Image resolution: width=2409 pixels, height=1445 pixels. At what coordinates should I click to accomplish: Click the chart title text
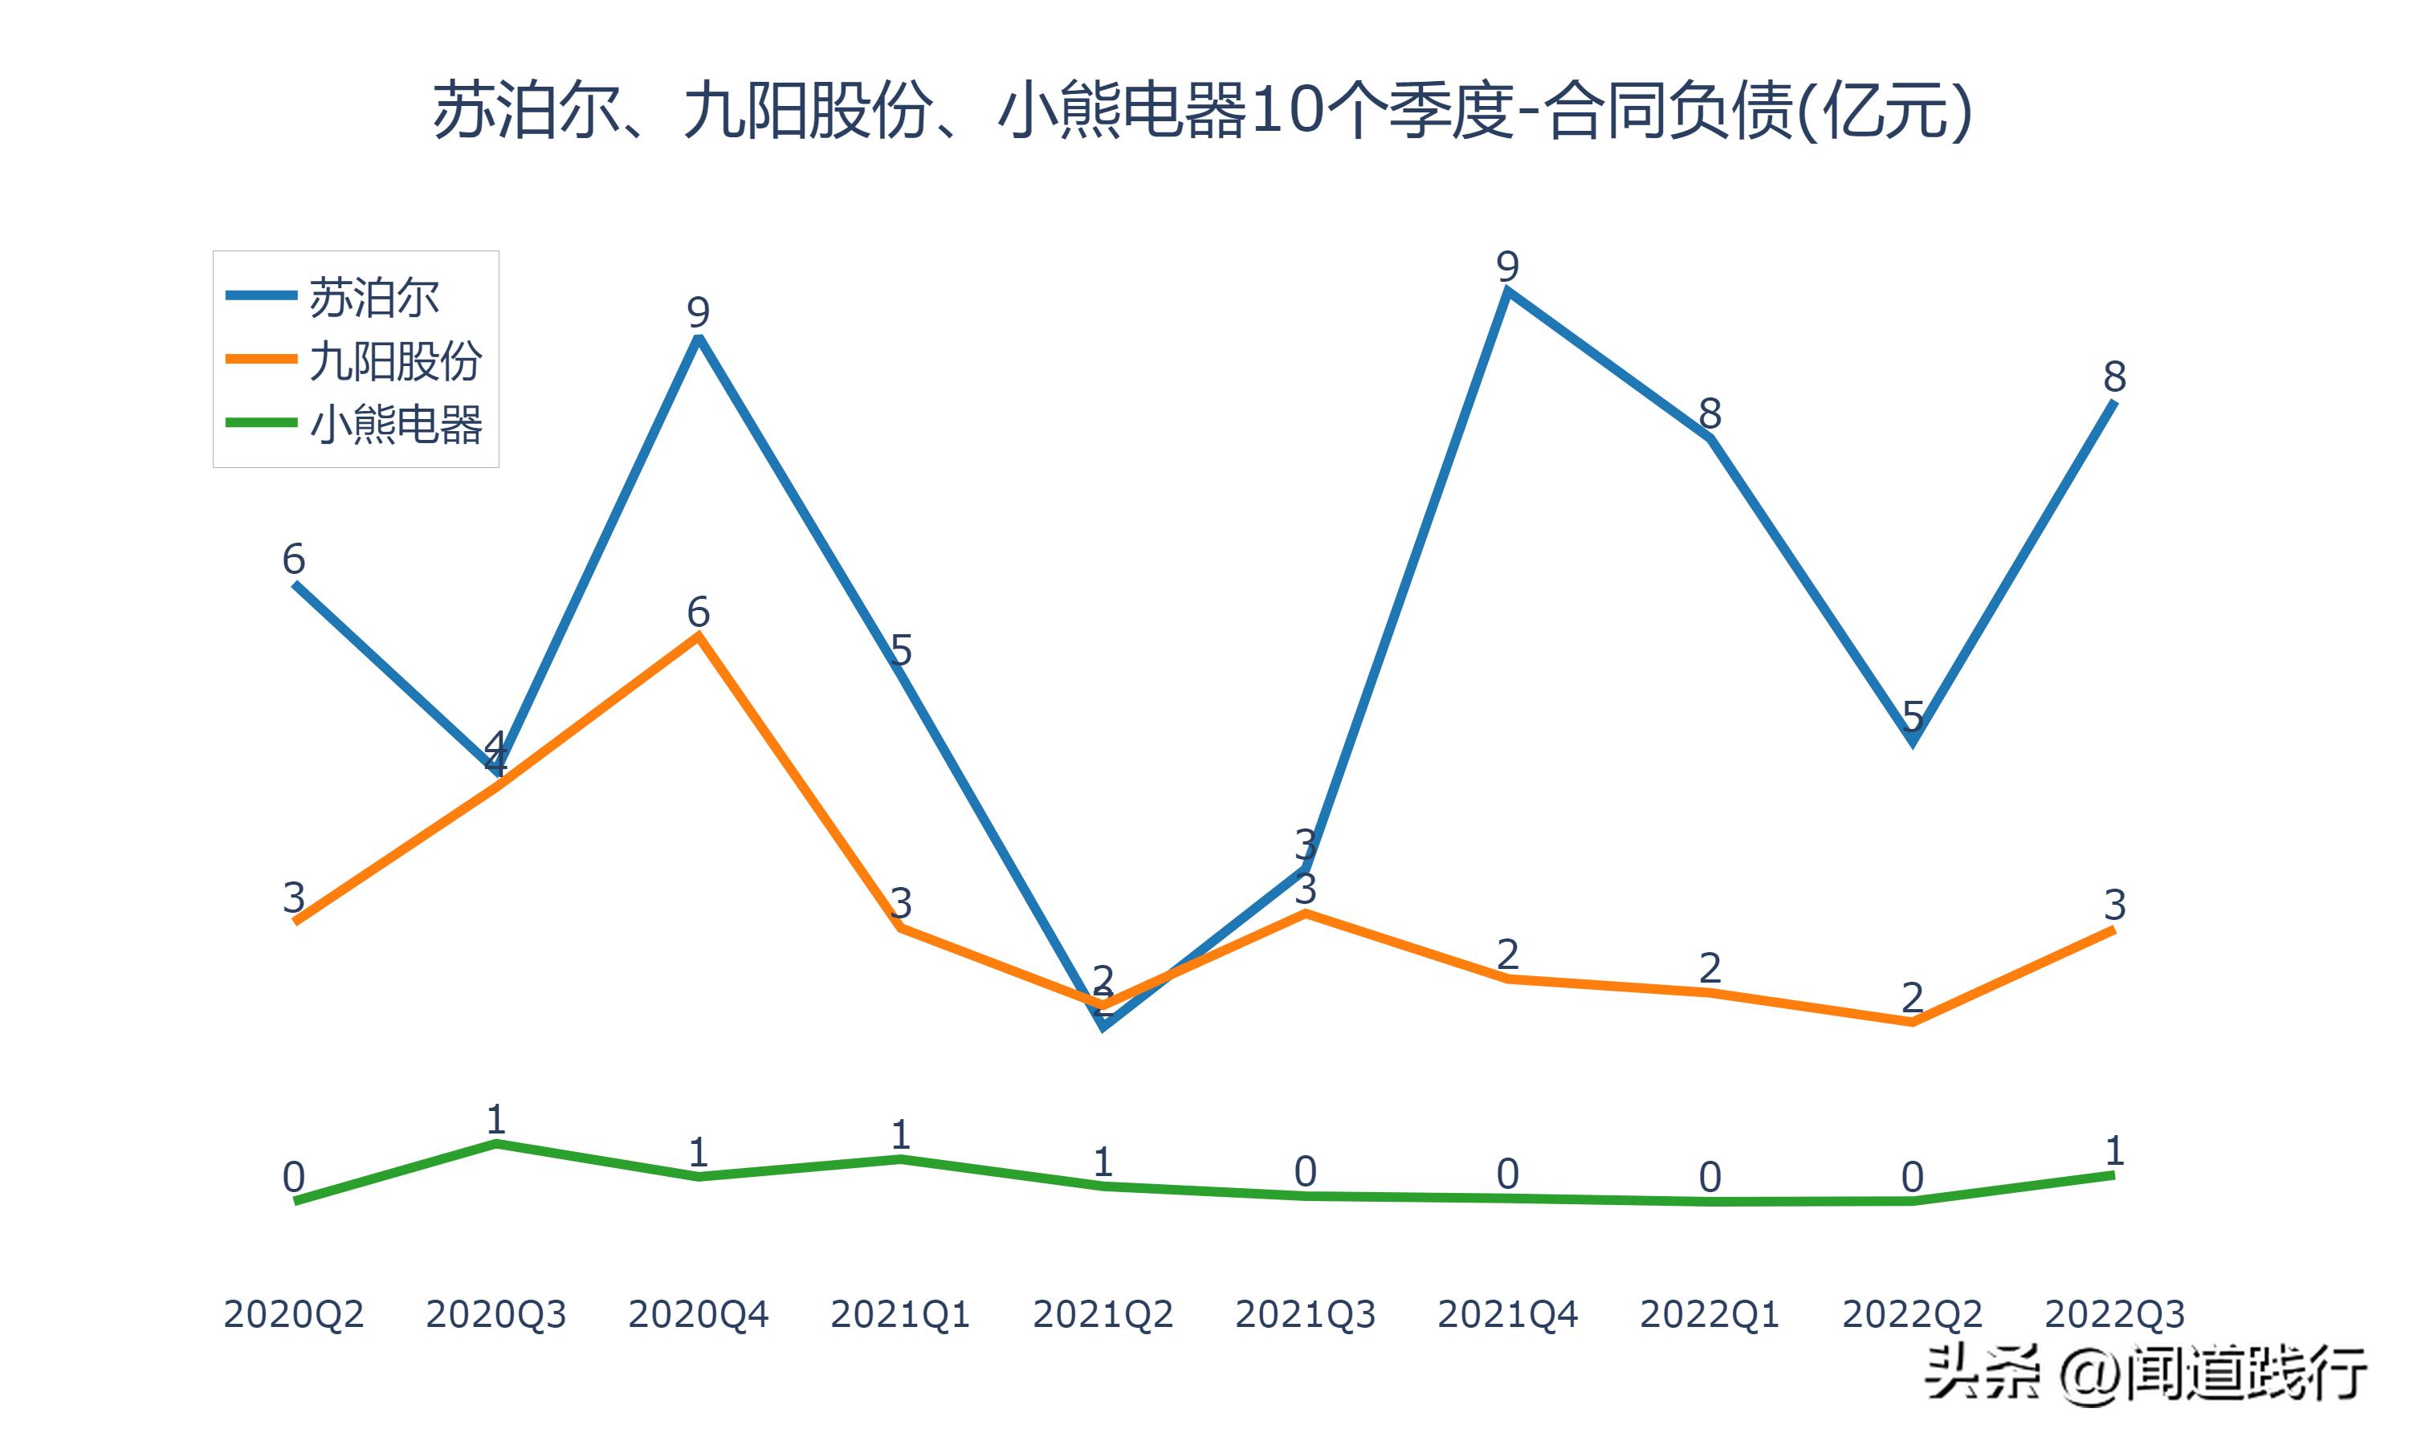tap(1203, 111)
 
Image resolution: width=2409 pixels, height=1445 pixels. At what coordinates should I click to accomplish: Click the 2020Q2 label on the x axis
tap(293, 1314)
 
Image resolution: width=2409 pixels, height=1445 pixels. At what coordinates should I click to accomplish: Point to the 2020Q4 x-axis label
tap(698, 1314)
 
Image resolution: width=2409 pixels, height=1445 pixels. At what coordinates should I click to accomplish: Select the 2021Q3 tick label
tap(1305, 1314)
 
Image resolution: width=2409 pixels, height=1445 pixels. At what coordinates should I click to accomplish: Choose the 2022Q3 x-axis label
tap(2114, 1314)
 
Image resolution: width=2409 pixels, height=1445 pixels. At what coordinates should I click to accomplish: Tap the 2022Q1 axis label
tap(1710, 1314)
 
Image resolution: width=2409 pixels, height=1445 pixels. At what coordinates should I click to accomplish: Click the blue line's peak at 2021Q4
tap(1507, 292)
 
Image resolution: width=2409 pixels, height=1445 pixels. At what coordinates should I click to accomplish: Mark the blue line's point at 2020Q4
tap(698, 338)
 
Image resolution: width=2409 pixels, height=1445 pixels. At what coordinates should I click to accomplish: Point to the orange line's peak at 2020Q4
tap(698, 636)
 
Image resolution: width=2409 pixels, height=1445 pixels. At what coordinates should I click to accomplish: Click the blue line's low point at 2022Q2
tap(1913, 742)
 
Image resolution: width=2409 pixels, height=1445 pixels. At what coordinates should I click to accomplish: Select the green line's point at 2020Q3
tap(495, 1143)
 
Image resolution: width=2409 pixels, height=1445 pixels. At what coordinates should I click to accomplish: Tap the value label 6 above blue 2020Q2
tap(293, 559)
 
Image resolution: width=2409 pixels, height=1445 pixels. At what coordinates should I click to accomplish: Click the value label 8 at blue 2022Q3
tap(2114, 376)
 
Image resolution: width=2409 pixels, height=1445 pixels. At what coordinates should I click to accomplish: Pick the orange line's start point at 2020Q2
tap(294, 921)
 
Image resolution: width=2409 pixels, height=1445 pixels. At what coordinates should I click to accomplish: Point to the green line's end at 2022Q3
tap(2114, 1175)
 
